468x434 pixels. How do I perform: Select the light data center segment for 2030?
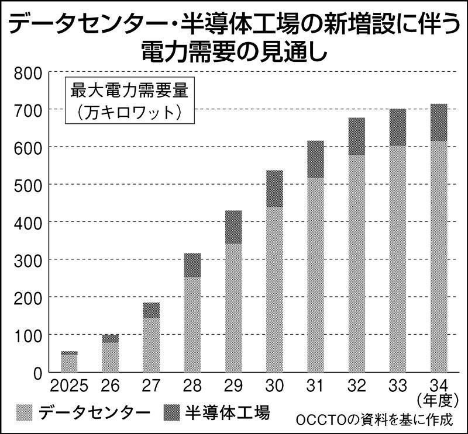[x=275, y=289]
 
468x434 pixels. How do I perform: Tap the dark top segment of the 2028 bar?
[x=192, y=265]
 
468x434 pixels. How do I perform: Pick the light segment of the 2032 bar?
[x=357, y=263]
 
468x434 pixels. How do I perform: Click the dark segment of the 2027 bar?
[x=152, y=310]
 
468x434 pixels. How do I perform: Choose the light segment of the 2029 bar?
[x=233, y=307]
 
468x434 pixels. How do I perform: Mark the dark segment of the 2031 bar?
[x=316, y=159]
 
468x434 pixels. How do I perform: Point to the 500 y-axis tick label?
[x=27, y=185]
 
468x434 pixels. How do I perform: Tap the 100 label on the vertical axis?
[x=27, y=335]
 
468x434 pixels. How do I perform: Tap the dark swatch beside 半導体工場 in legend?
[x=172, y=412]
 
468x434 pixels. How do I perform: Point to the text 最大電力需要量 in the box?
[x=123, y=91]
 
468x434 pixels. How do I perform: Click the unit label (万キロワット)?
[x=123, y=112]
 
